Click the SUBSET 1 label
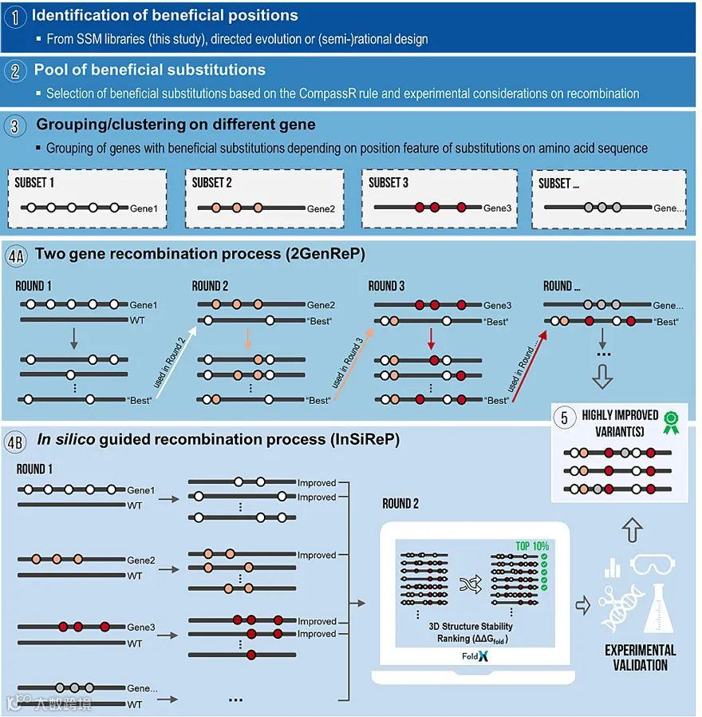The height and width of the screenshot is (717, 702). pyautogui.click(x=35, y=183)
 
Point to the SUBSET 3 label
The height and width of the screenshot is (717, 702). pyautogui.click(x=388, y=183)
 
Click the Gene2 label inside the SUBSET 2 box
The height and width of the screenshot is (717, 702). pyautogui.click(x=321, y=208)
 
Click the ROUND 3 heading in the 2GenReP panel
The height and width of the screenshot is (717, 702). pyautogui.click(x=387, y=286)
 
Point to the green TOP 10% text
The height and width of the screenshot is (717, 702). pyautogui.click(x=532, y=546)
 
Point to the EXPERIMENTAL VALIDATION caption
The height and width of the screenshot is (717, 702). pyautogui.click(x=640, y=657)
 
